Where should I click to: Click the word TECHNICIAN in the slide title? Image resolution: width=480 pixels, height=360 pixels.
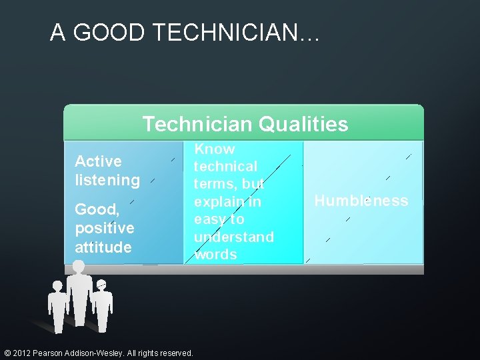pos(215,33)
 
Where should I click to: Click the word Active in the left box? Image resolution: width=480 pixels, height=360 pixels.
pos(98,161)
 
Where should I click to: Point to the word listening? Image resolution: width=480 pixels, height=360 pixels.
pos(107,180)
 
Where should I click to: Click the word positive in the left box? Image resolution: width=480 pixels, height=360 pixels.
pos(104,228)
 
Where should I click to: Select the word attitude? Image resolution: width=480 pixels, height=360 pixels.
pos(103,247)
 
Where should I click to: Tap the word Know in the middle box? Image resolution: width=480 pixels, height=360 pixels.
pos(214,149)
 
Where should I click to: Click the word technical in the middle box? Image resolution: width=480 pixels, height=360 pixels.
pos(225,167)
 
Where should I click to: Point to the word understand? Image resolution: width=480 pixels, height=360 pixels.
pos(233,237)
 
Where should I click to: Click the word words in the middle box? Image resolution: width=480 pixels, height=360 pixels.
pos(216,254)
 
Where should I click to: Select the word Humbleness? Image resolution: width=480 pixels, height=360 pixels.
pos(361,201)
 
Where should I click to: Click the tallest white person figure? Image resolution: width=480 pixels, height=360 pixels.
pos(79,293)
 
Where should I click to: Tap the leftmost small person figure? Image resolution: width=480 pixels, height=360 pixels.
pos(57,307)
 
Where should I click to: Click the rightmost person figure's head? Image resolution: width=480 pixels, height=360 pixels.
pos(101,285)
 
